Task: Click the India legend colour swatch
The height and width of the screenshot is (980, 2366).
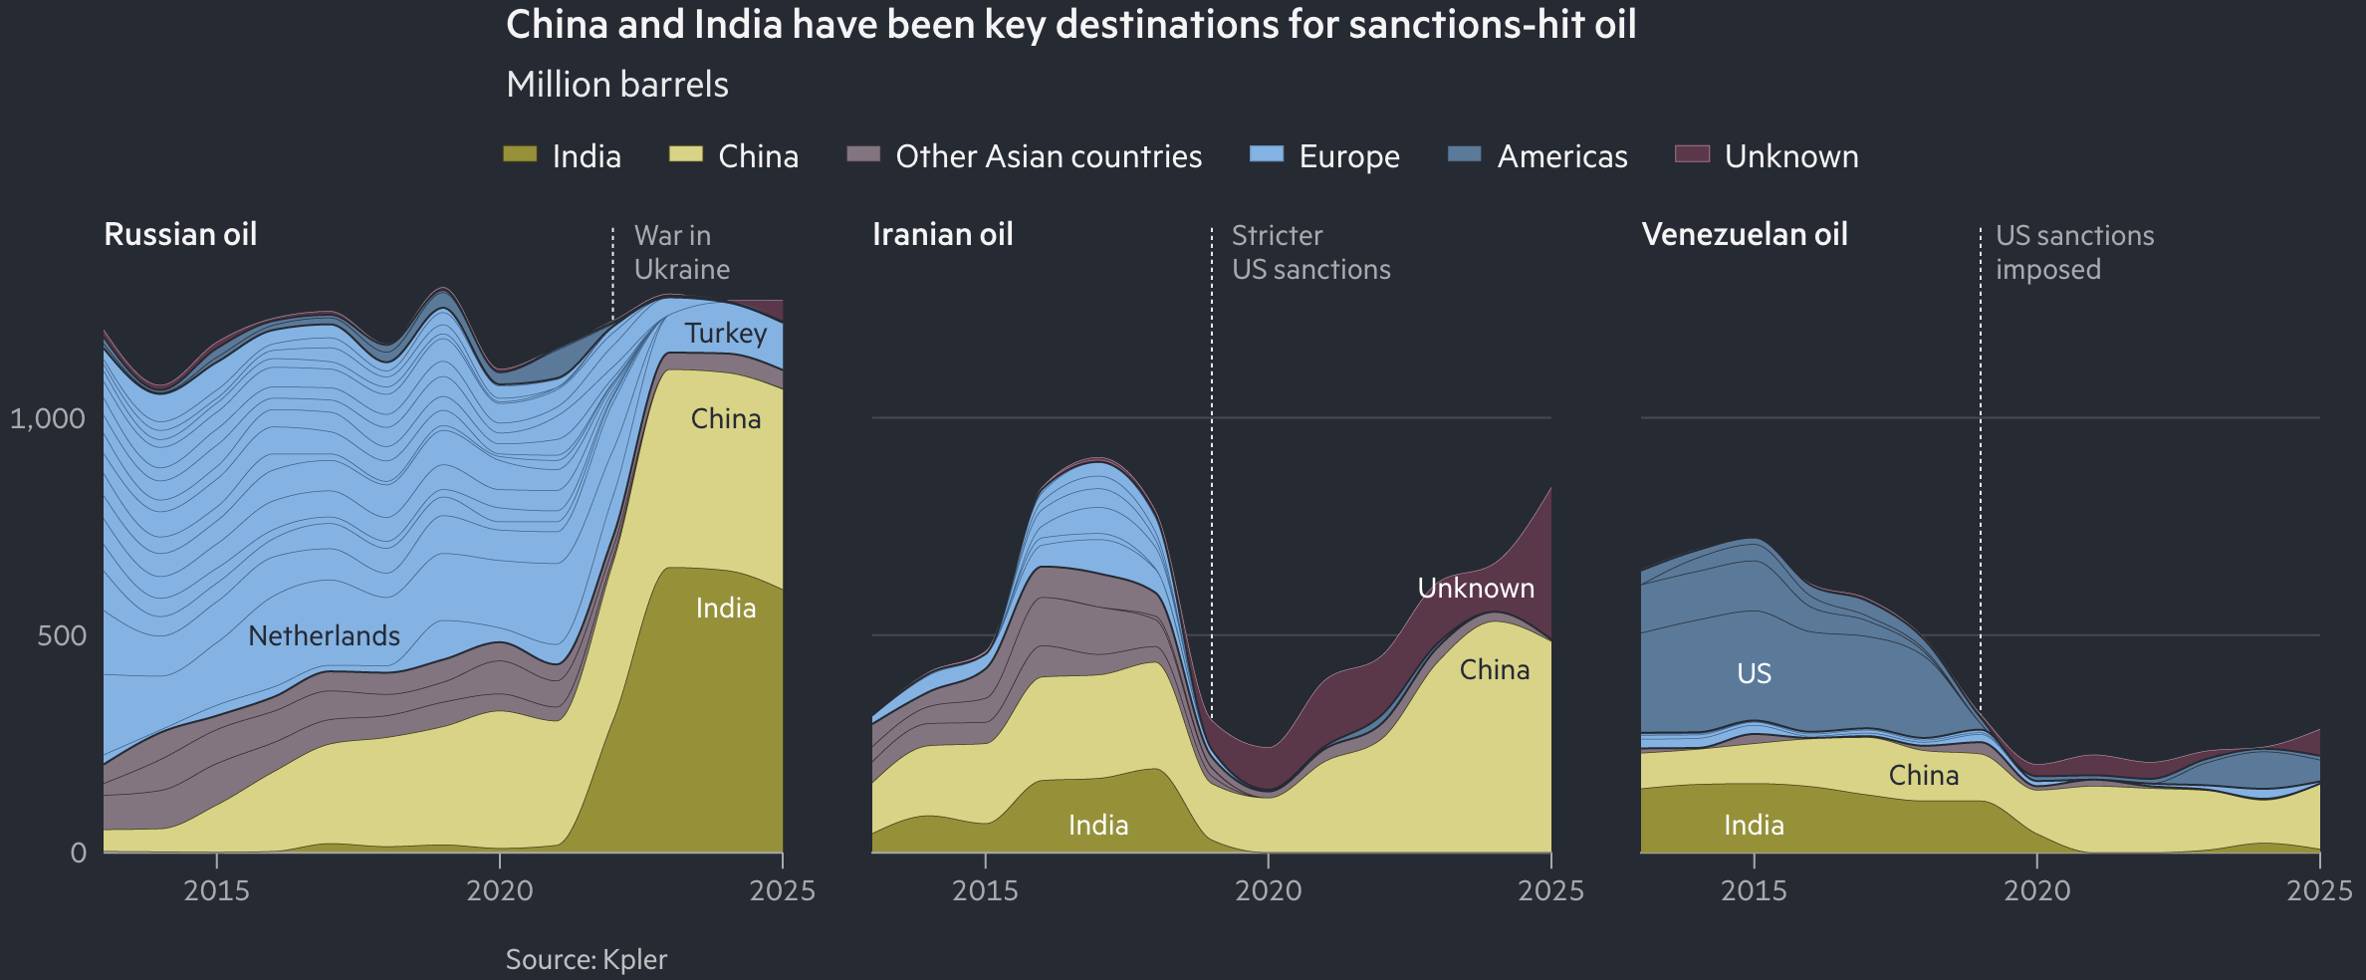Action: pyautogui.click(x=520, y=154)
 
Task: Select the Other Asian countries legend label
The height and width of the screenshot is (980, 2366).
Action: pyautogui.click(x=1049, y=156)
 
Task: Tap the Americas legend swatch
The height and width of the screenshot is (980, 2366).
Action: pyautogui.click(x=1464, y=154)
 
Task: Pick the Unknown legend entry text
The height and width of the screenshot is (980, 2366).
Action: pyautogui.click(x=1790, y=156)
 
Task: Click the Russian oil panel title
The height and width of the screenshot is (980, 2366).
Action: pyautogui.click(x=180, y=234)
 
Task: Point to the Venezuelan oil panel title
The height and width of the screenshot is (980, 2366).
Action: pyautogui.click(x=1744, y=234)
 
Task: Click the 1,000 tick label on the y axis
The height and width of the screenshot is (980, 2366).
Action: pyautogui.click(x=47, y=418)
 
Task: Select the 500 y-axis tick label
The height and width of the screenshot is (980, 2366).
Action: pyautogui.click(x=62, y=635)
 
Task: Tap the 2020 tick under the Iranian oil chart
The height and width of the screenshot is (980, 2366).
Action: pyautogui.click(x=1268, y=889)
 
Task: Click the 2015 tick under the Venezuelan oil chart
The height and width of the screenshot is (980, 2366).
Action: pyautogui.click(x=1754, y=889)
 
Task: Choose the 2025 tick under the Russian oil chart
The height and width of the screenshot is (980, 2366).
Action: pyautogui.click(x=782, y=889)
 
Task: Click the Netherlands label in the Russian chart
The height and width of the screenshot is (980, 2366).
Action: pyautogui.click(x=324, y=635)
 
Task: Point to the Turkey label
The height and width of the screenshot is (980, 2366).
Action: pyautogui.click(x=725, y=333)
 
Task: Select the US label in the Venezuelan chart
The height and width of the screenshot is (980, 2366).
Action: pyautogui.click(x=1754, y=673)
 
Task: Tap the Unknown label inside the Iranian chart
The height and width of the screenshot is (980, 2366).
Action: pyautogui.click(x=1475, y=588)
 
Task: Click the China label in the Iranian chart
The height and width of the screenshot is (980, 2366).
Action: pyautogui.click(x=1494, y=669)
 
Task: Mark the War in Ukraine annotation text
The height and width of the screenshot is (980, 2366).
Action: pyautogui.click(x=681, y=252)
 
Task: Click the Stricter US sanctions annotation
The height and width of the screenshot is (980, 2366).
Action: pyautogui.click(x=1310, y=252)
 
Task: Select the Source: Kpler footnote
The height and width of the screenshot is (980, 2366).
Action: pyautogui.click(x=586, y=959)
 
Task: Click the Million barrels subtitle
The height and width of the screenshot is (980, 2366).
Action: pyautogui.click(x=616, y=85)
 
